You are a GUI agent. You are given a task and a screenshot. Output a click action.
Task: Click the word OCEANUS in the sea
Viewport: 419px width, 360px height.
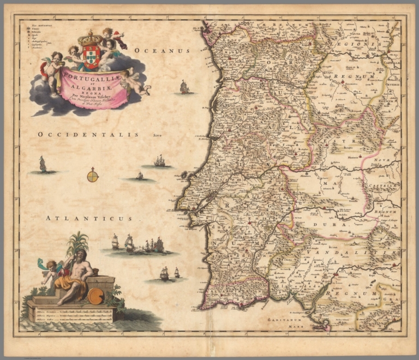[162, 50]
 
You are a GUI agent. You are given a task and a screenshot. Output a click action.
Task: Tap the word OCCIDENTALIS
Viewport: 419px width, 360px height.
[88, 134]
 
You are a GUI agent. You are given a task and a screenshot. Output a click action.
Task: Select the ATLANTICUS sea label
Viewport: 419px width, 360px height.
[89, 218]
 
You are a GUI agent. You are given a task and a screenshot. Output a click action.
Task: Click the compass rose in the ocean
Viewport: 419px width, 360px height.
[93, 176]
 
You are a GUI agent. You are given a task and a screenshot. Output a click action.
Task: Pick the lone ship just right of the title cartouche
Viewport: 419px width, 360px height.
[184, 87]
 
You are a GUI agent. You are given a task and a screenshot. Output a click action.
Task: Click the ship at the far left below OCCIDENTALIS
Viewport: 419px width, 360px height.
[43, 164]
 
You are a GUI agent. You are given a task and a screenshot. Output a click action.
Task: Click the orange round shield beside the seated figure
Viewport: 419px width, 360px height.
[96, 296]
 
